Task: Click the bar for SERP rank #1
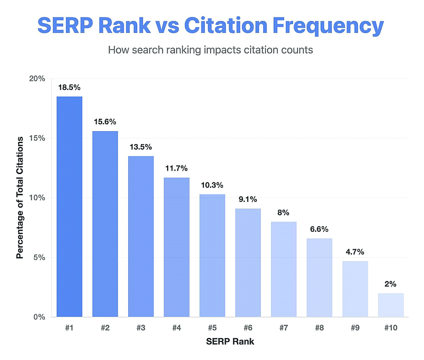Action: pos(69,206)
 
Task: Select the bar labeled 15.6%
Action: pos(105,224)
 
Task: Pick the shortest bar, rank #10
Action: pos(391,305)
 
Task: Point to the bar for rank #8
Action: pos(320,277)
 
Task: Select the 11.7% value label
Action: pos(176,168)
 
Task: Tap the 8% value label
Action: pos(283,212)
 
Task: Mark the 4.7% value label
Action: pos(355,251)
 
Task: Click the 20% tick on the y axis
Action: pos(37,79)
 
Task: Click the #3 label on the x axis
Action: pos(141,328)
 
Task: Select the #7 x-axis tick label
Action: pos(283,328)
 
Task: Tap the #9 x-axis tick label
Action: pos(355,328)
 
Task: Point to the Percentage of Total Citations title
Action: pos(20,198)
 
